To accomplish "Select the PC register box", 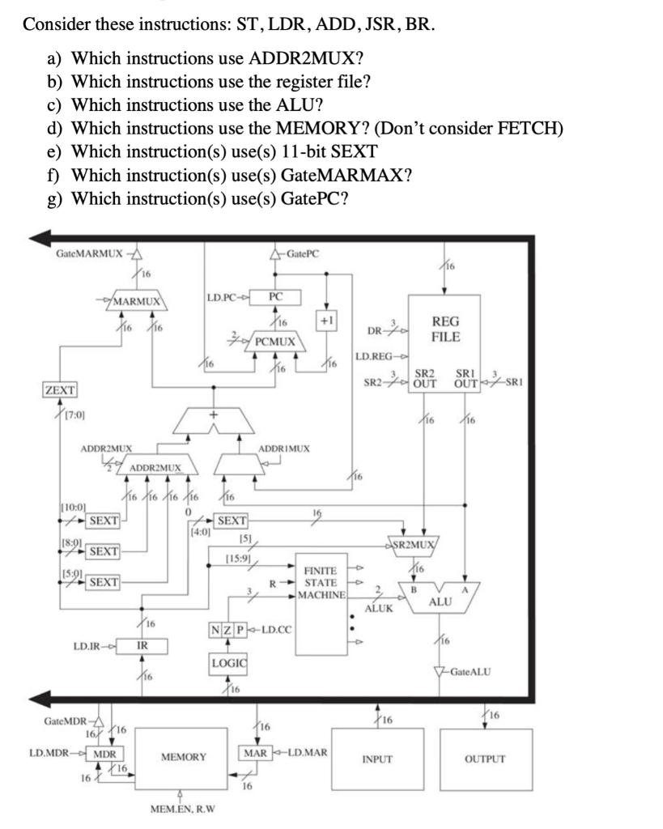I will (275, 297).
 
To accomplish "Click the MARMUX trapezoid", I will (139, 301).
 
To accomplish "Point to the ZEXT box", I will (60, 390).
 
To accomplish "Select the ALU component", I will (440, 602).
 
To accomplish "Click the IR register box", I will (142, 645).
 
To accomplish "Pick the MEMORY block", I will (183, 757).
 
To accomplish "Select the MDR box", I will (103, 752).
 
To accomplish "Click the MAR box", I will (257, 752).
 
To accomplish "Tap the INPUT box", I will (377, 759).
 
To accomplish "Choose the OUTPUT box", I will (486, 759).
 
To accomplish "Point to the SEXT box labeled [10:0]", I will (103, 520).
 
